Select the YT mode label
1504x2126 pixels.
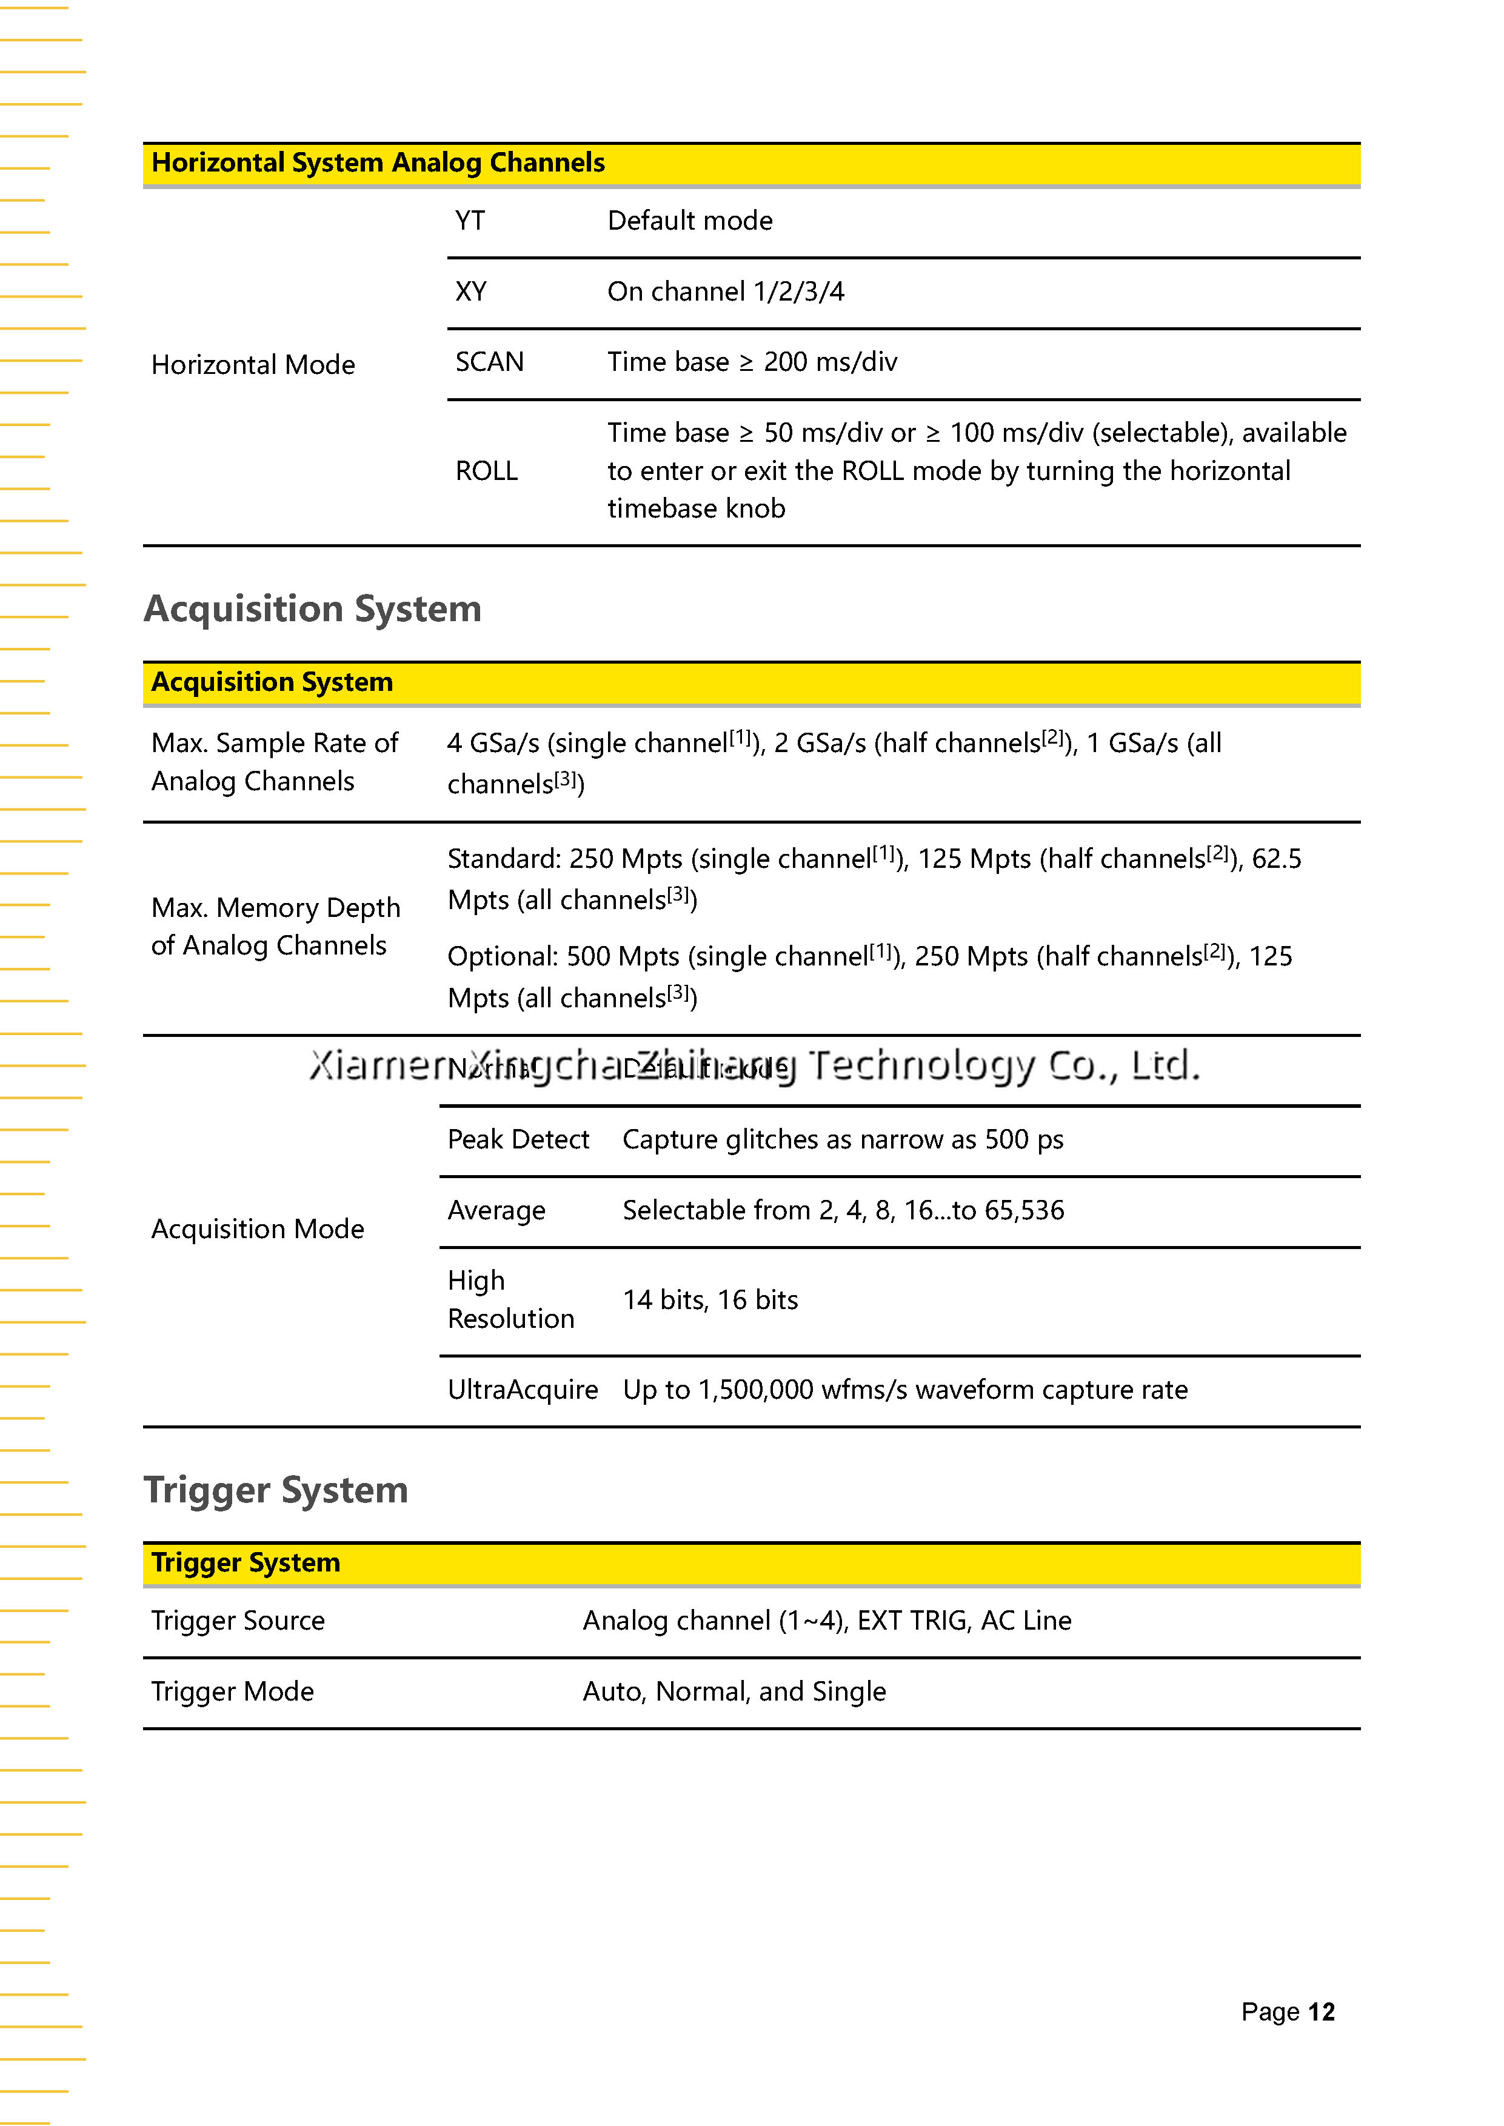pyautogui.click(x=470, y=221)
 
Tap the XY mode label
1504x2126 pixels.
pyautogui.click(x=470, y=292)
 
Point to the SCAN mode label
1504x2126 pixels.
pyautogui.click(x=489, y=362)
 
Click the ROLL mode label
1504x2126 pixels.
pyautogui.click(x=486, y=472)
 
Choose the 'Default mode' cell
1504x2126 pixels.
pyautogui.click(x=690, y=221)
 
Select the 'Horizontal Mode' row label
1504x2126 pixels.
pyautogui.click(x=253, y=365)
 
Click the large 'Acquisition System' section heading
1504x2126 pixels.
pyautogui.click(x=312, y=609)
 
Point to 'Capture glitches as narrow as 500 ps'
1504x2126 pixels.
pyautogui.click(x=843, y=1140)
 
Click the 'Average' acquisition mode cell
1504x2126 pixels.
pyautogui.click(x=496, y=1211)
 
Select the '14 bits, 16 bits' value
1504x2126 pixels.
pyautogui.click(x=710, y=1300)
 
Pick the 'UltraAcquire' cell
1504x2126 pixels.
pyautogui.click(x=523, y=1390)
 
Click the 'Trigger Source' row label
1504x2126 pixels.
pyautogui.click(x=238, y=1621)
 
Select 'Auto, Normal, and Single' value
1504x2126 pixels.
pyautogui.click(x=734, y=1691)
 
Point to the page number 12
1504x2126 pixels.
pyautogui.click(x=1321, y=2012)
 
